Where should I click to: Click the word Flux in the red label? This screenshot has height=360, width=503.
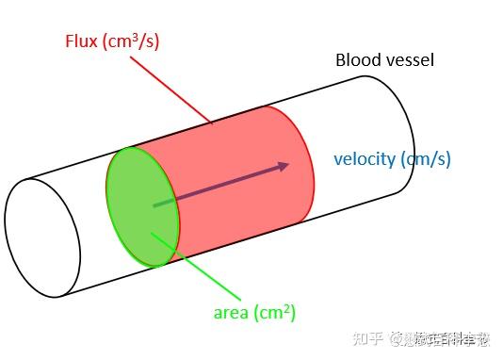82,41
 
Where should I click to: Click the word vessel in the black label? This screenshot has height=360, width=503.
411,61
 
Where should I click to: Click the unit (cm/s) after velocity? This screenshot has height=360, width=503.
425,158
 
